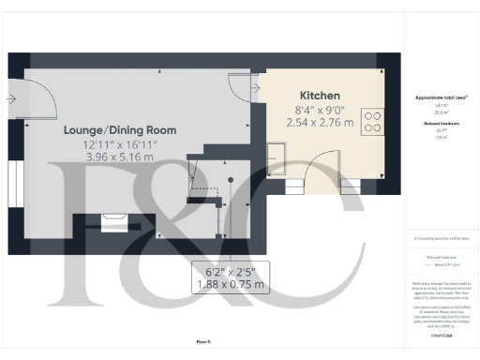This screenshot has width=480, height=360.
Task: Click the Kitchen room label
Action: [320, 96]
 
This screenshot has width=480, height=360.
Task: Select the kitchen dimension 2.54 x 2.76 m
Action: [320, 122]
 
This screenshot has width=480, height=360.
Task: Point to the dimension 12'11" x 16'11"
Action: [121, 144]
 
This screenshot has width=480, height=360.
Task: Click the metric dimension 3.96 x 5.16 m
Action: [121, 157]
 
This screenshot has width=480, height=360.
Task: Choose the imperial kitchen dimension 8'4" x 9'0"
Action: [320, 109]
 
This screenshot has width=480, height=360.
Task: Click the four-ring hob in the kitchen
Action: [373, 122]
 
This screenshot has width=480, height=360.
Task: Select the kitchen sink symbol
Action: [278, 153]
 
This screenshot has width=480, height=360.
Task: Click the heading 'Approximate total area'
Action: [441, 97]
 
